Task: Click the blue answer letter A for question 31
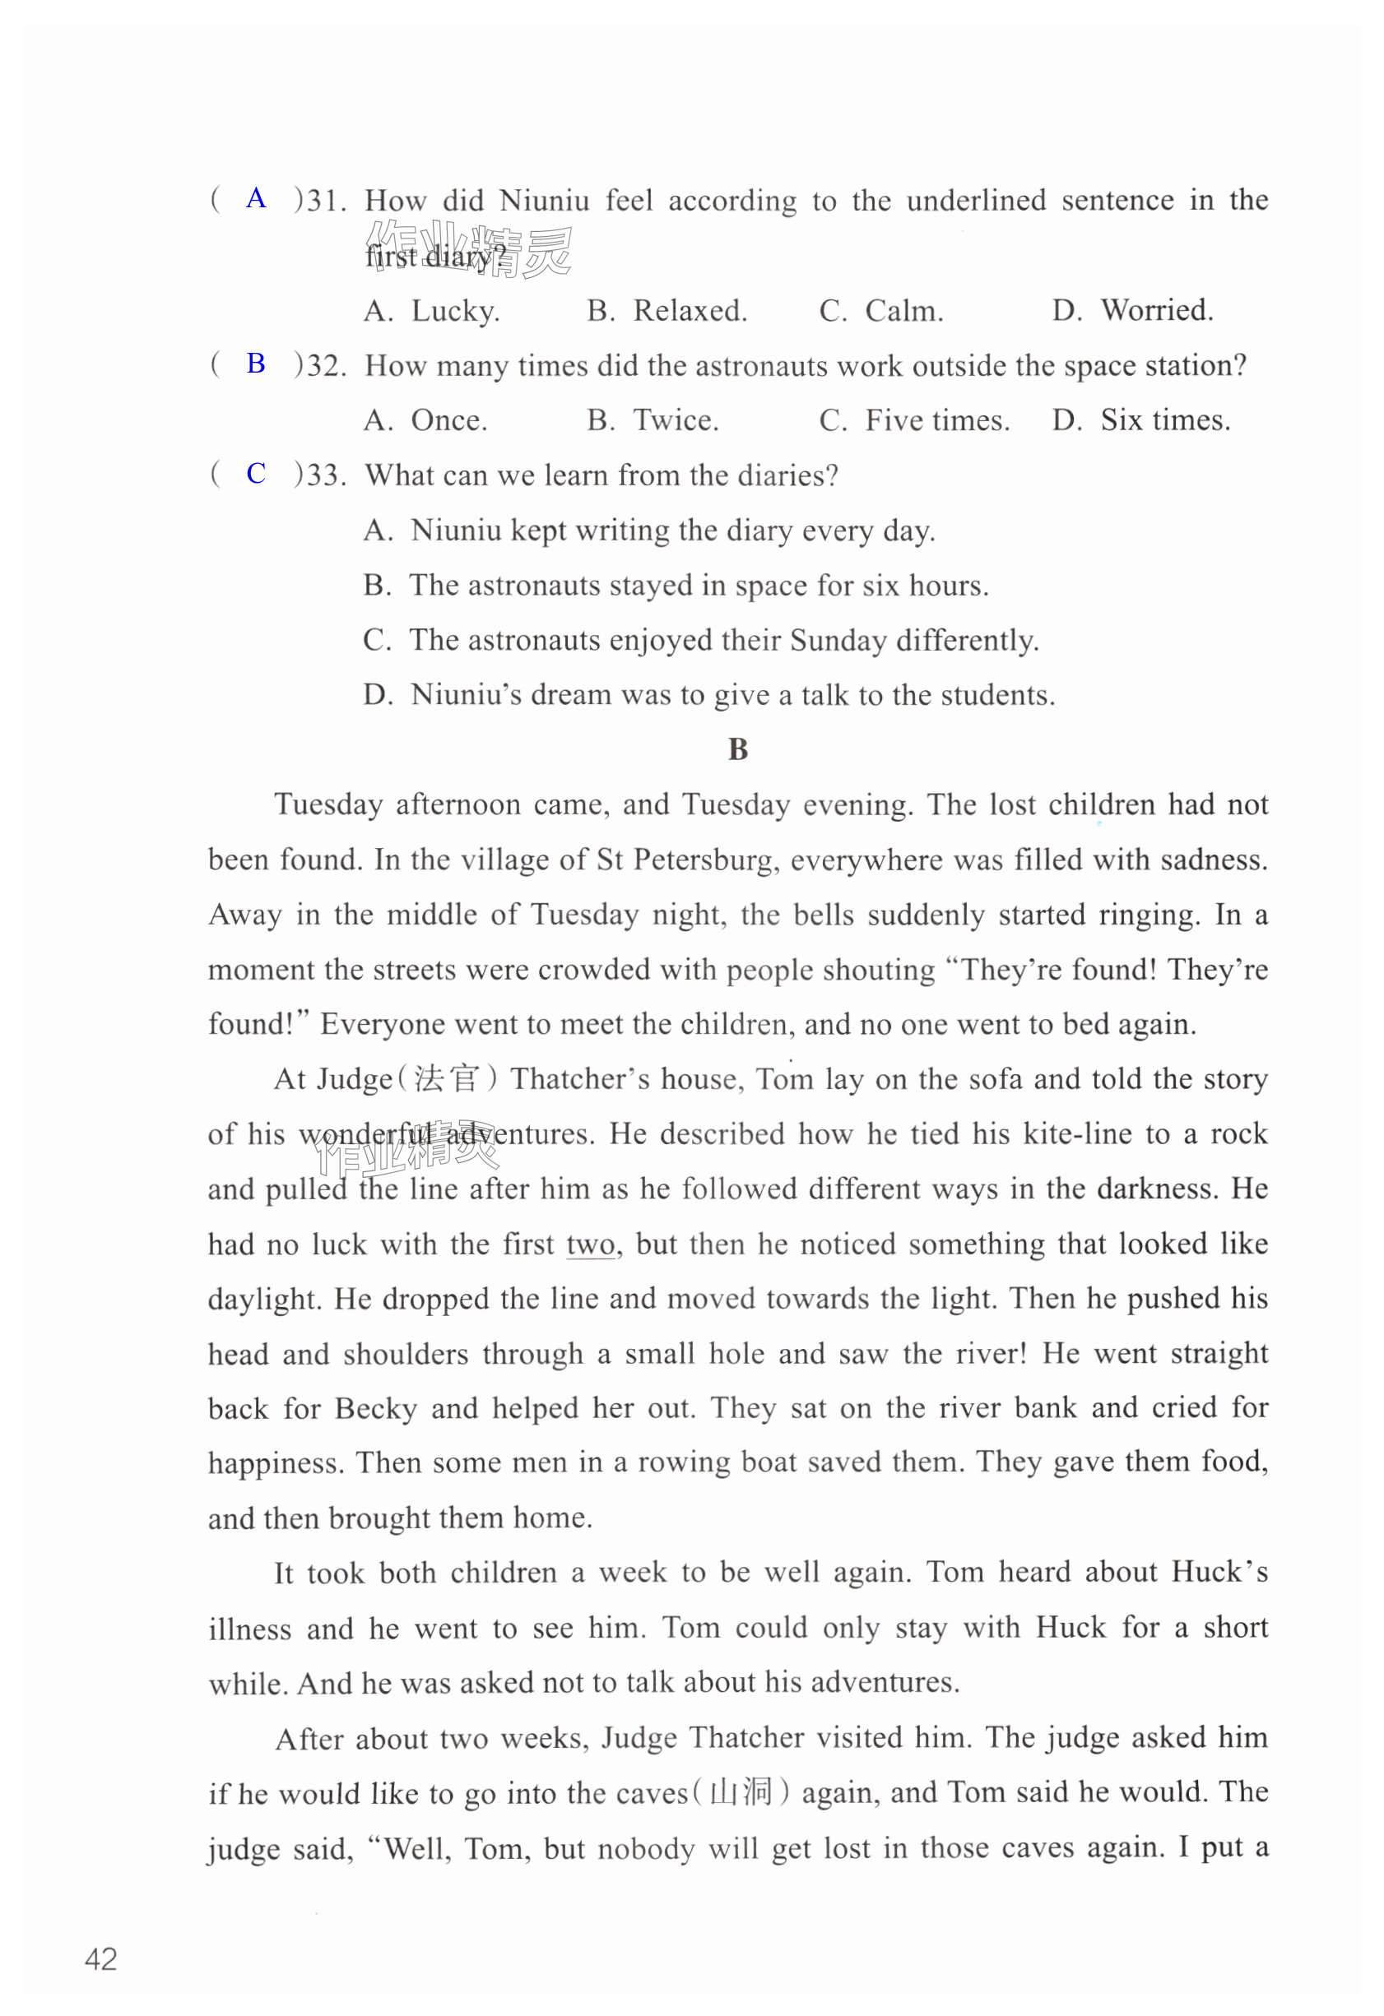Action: pyautogui.click(x=256, y=199)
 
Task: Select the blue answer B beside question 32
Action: pyautogui.click(x=256, y=364)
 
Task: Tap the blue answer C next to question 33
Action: pyautogui.click(x=256, y=473)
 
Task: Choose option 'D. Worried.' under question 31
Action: pyautogui.click(x=1132, y=311)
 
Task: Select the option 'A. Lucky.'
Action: pyautogui.click(x=431, y=311)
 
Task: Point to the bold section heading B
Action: pyautogui.click(x=737, y=749)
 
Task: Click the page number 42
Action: pyautogui.click(x=100, y=1958)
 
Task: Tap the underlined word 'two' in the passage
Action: pyautogui.click(x=590, y=1244)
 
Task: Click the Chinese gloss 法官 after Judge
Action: pyautogui.click(x=446, y=1079)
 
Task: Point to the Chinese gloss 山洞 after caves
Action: pyautogui.click(x=741, y=1792)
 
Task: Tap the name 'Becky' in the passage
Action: pyautogui.click(x=376, y=1408)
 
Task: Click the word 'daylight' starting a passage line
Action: pyautogui.click(x=264, y=1300)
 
